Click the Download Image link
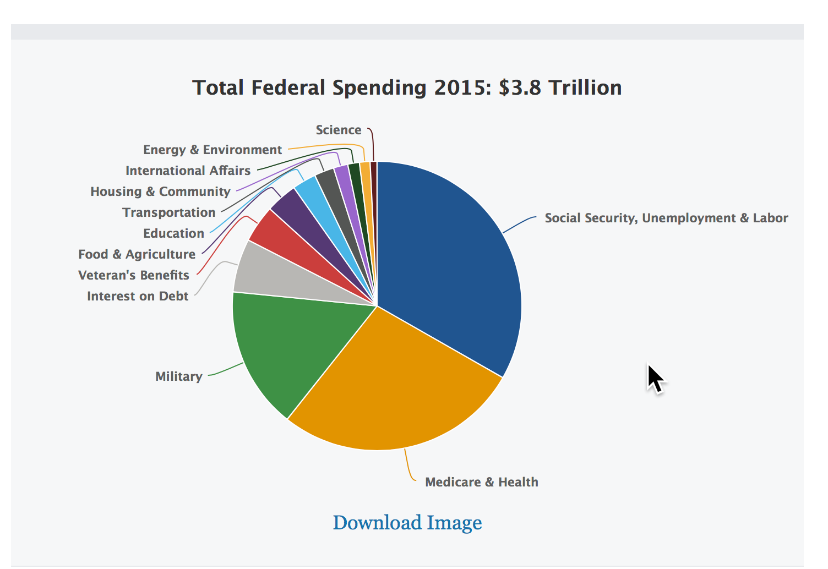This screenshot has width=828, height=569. (x=407, y=523)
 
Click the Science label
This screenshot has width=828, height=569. (x=338, y=130)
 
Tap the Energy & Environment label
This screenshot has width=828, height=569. (x=212, y=150)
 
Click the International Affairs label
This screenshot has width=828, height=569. (x=188, y=171)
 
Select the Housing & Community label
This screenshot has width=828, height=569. (x=160, y=192)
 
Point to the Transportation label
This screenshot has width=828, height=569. (x=168, y=213)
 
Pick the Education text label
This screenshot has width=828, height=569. (x=173, y=234)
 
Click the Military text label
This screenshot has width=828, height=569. (x=178, y=377)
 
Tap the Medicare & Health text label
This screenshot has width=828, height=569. (x=481, y=483)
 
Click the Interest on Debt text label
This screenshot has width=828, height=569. (x=138, y=297)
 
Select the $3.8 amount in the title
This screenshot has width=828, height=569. (x=520, y=88)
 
